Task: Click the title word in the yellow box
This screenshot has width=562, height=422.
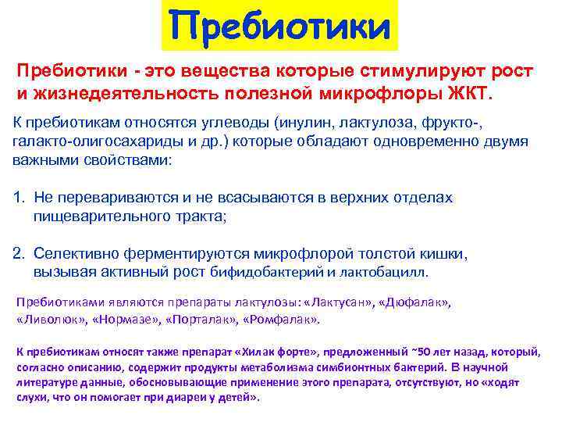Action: click(x=279, y=27)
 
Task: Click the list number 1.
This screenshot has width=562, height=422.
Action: click(x=19, y=198)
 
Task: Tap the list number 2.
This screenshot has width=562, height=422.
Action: click(x=19, y=254)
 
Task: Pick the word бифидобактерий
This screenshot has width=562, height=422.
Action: click(x=267, y=273)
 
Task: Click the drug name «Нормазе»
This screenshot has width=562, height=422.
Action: click(x=125, y=320)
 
